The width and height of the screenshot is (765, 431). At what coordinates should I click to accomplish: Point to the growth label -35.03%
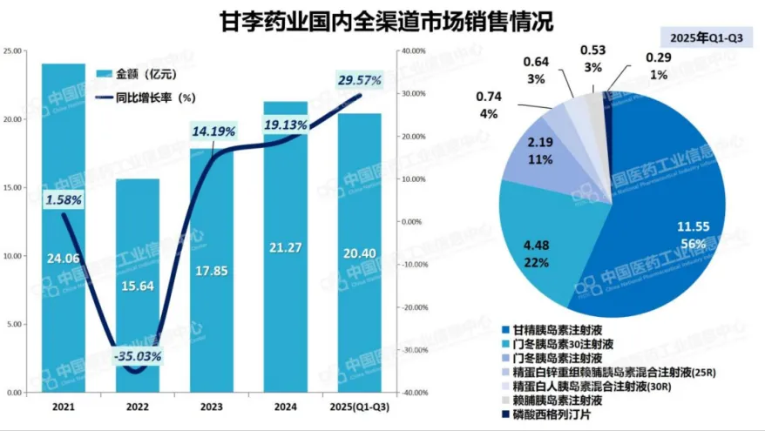pos(139,356)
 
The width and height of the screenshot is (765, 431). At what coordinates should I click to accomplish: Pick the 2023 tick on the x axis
pos(212,407)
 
